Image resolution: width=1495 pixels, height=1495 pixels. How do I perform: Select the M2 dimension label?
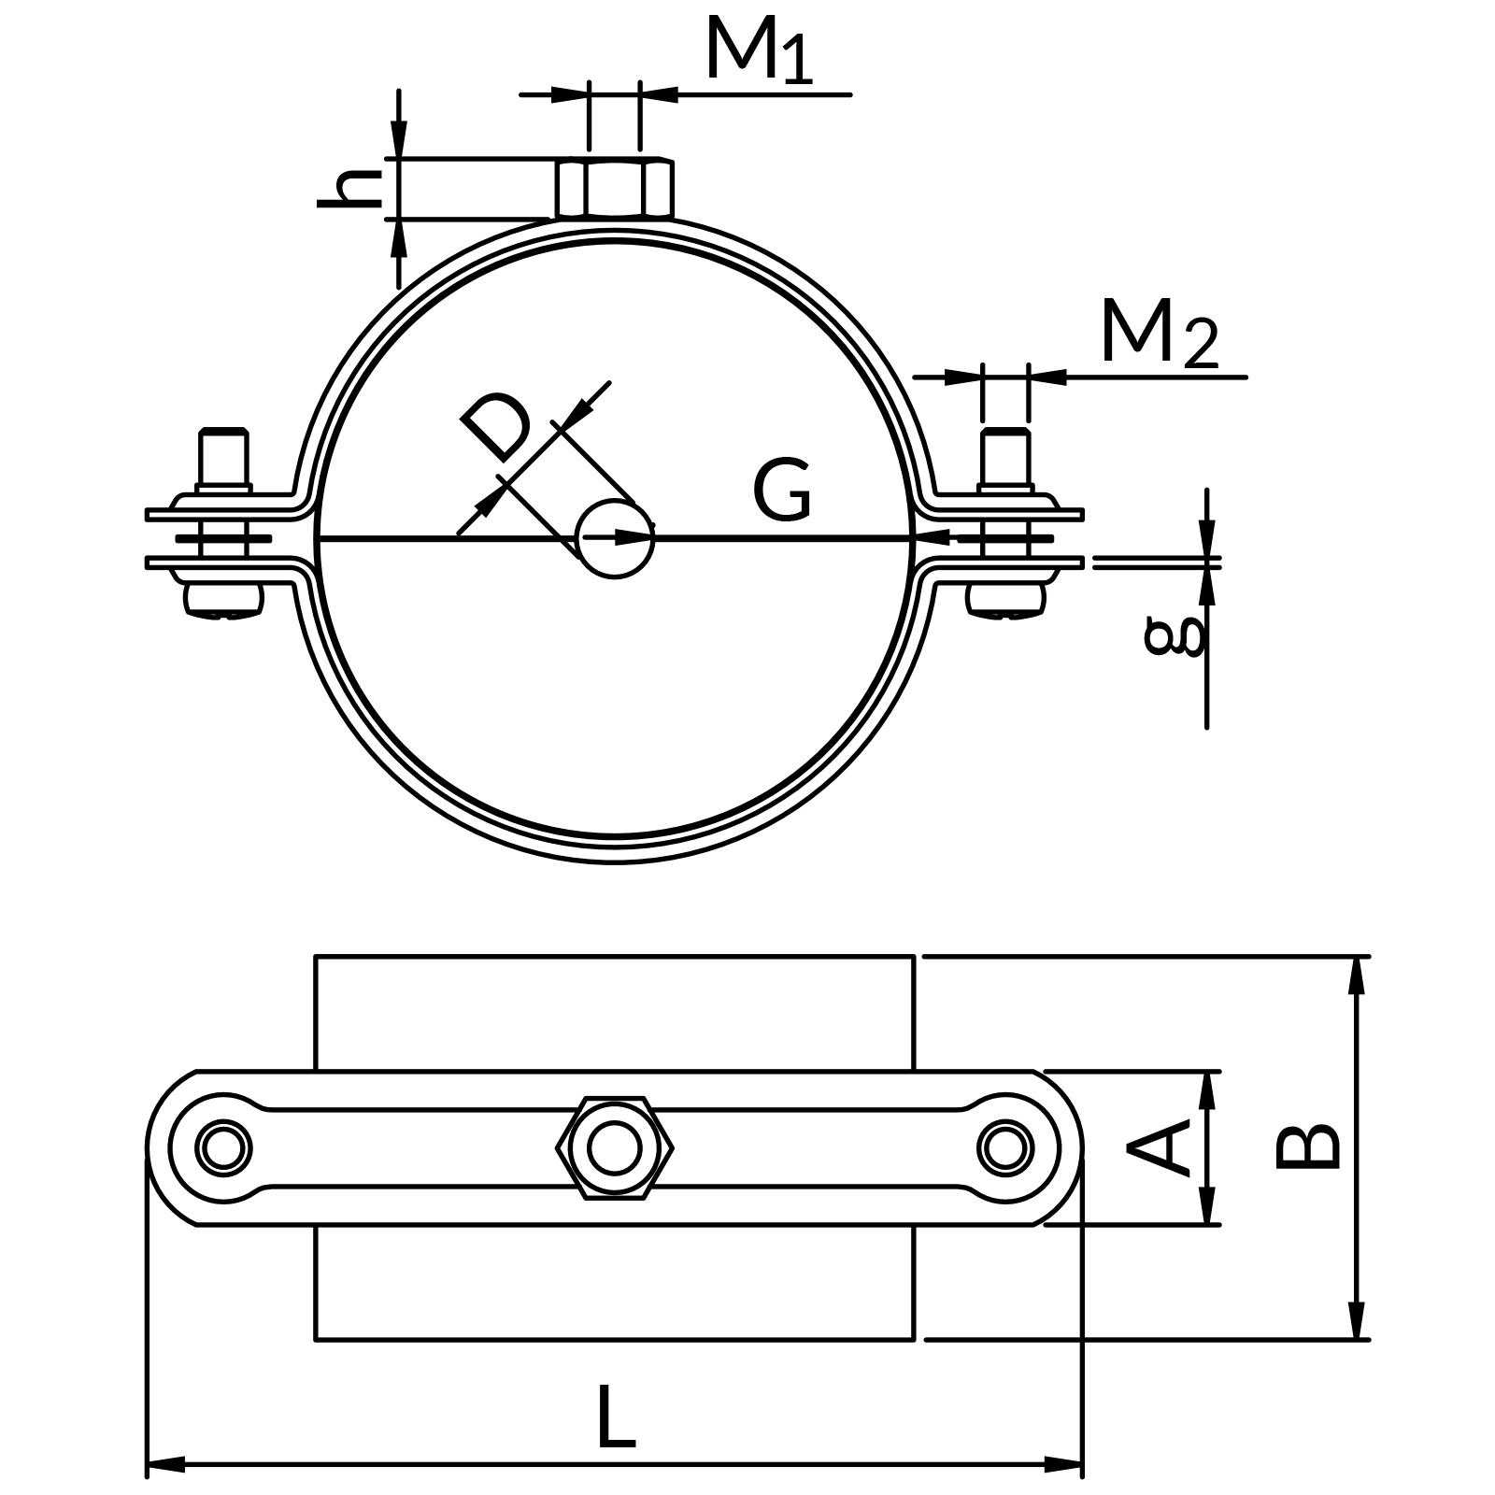(1159, 334)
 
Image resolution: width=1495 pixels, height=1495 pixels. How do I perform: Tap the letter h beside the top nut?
(350, 190)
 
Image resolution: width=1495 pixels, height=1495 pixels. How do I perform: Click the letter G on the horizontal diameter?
(782, 490)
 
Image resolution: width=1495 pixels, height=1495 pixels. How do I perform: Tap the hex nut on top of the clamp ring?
(614, 189)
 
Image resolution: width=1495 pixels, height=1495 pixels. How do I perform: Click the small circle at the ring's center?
(614, 539)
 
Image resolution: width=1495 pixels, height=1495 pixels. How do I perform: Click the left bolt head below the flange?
(223, 600)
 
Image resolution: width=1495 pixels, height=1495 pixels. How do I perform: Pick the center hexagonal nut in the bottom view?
(614, 1147)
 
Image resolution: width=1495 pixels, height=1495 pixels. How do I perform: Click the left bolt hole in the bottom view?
(223, 1147)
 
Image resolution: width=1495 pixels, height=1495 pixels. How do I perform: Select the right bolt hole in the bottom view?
(1005, 1147)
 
